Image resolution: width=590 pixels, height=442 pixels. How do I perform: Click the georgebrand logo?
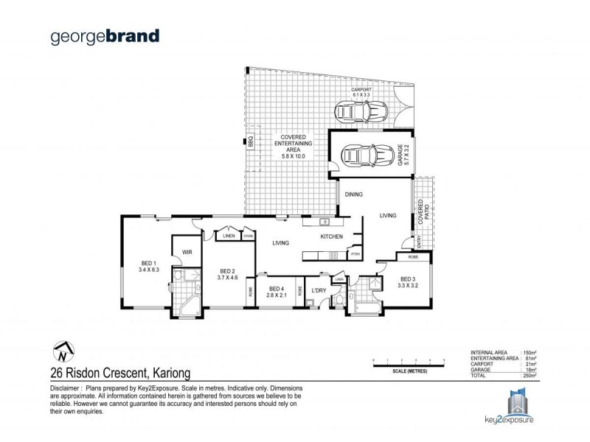104,36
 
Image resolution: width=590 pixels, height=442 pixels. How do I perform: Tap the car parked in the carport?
359,113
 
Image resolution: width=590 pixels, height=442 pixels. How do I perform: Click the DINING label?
353,194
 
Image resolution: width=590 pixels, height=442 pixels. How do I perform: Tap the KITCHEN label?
331,236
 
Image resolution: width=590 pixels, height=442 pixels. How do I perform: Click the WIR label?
187,252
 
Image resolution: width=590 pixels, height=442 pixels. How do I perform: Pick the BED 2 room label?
227,274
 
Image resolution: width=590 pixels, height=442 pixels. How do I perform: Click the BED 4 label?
277,292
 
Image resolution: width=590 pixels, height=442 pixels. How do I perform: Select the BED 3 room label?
407,282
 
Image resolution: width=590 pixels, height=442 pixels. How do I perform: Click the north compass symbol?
63,351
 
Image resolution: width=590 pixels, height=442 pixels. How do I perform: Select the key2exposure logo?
521,407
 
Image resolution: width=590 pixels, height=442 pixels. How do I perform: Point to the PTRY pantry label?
355,255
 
